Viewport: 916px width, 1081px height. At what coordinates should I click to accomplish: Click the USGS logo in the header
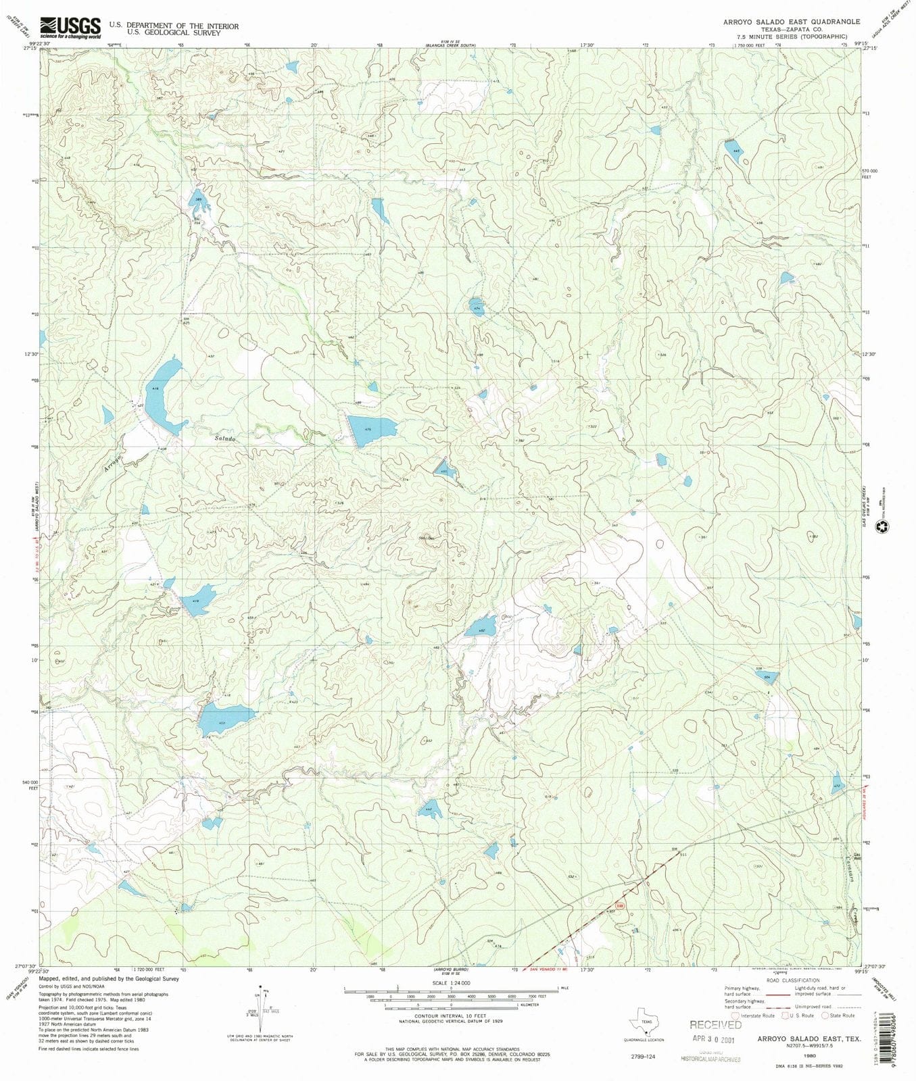[70, 28]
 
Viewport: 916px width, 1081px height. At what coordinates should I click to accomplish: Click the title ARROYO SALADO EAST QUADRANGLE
[791, 22]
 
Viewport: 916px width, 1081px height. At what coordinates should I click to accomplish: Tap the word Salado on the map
[225, 439]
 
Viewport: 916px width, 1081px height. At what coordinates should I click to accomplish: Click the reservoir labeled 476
[369, 430]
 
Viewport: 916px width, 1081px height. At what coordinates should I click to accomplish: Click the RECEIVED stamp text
[715, 1025]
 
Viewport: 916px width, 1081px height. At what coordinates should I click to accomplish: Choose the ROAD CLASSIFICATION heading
[792, 980]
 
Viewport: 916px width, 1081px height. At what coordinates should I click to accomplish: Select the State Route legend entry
[838, 1015]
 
